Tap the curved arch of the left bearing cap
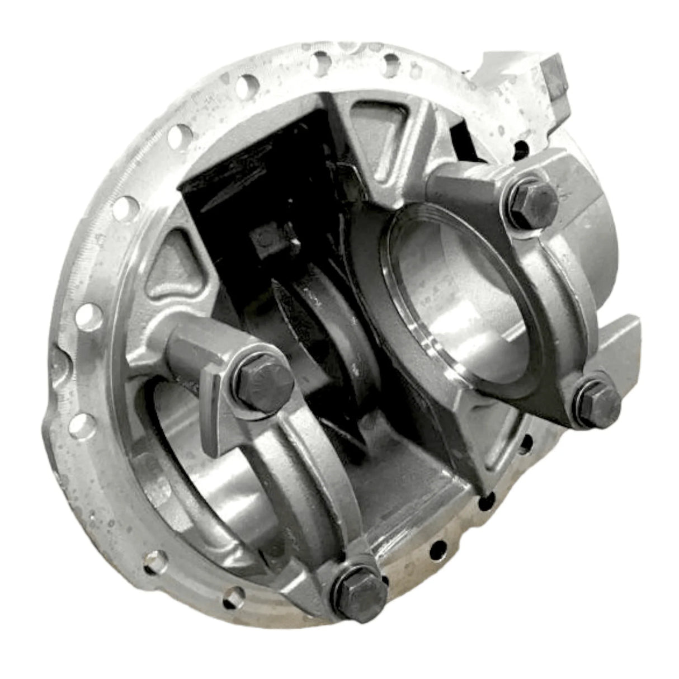(302, 475)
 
